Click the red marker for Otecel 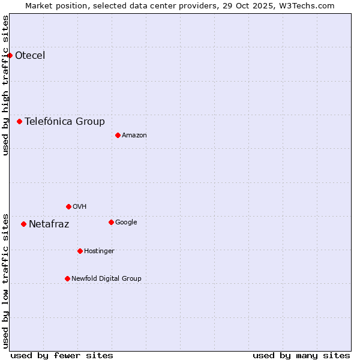10,55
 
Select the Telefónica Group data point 19,121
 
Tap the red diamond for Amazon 118,135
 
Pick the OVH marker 68,206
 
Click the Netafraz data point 23,224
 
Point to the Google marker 111,222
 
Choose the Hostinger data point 80,251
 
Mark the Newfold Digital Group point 67,278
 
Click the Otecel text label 30,56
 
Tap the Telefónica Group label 65,122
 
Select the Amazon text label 134,136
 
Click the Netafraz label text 49,224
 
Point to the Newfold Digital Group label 106,278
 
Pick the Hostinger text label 99,251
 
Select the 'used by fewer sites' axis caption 62,355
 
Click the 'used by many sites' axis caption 301,355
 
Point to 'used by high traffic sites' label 5,85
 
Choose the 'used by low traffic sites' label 5,281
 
